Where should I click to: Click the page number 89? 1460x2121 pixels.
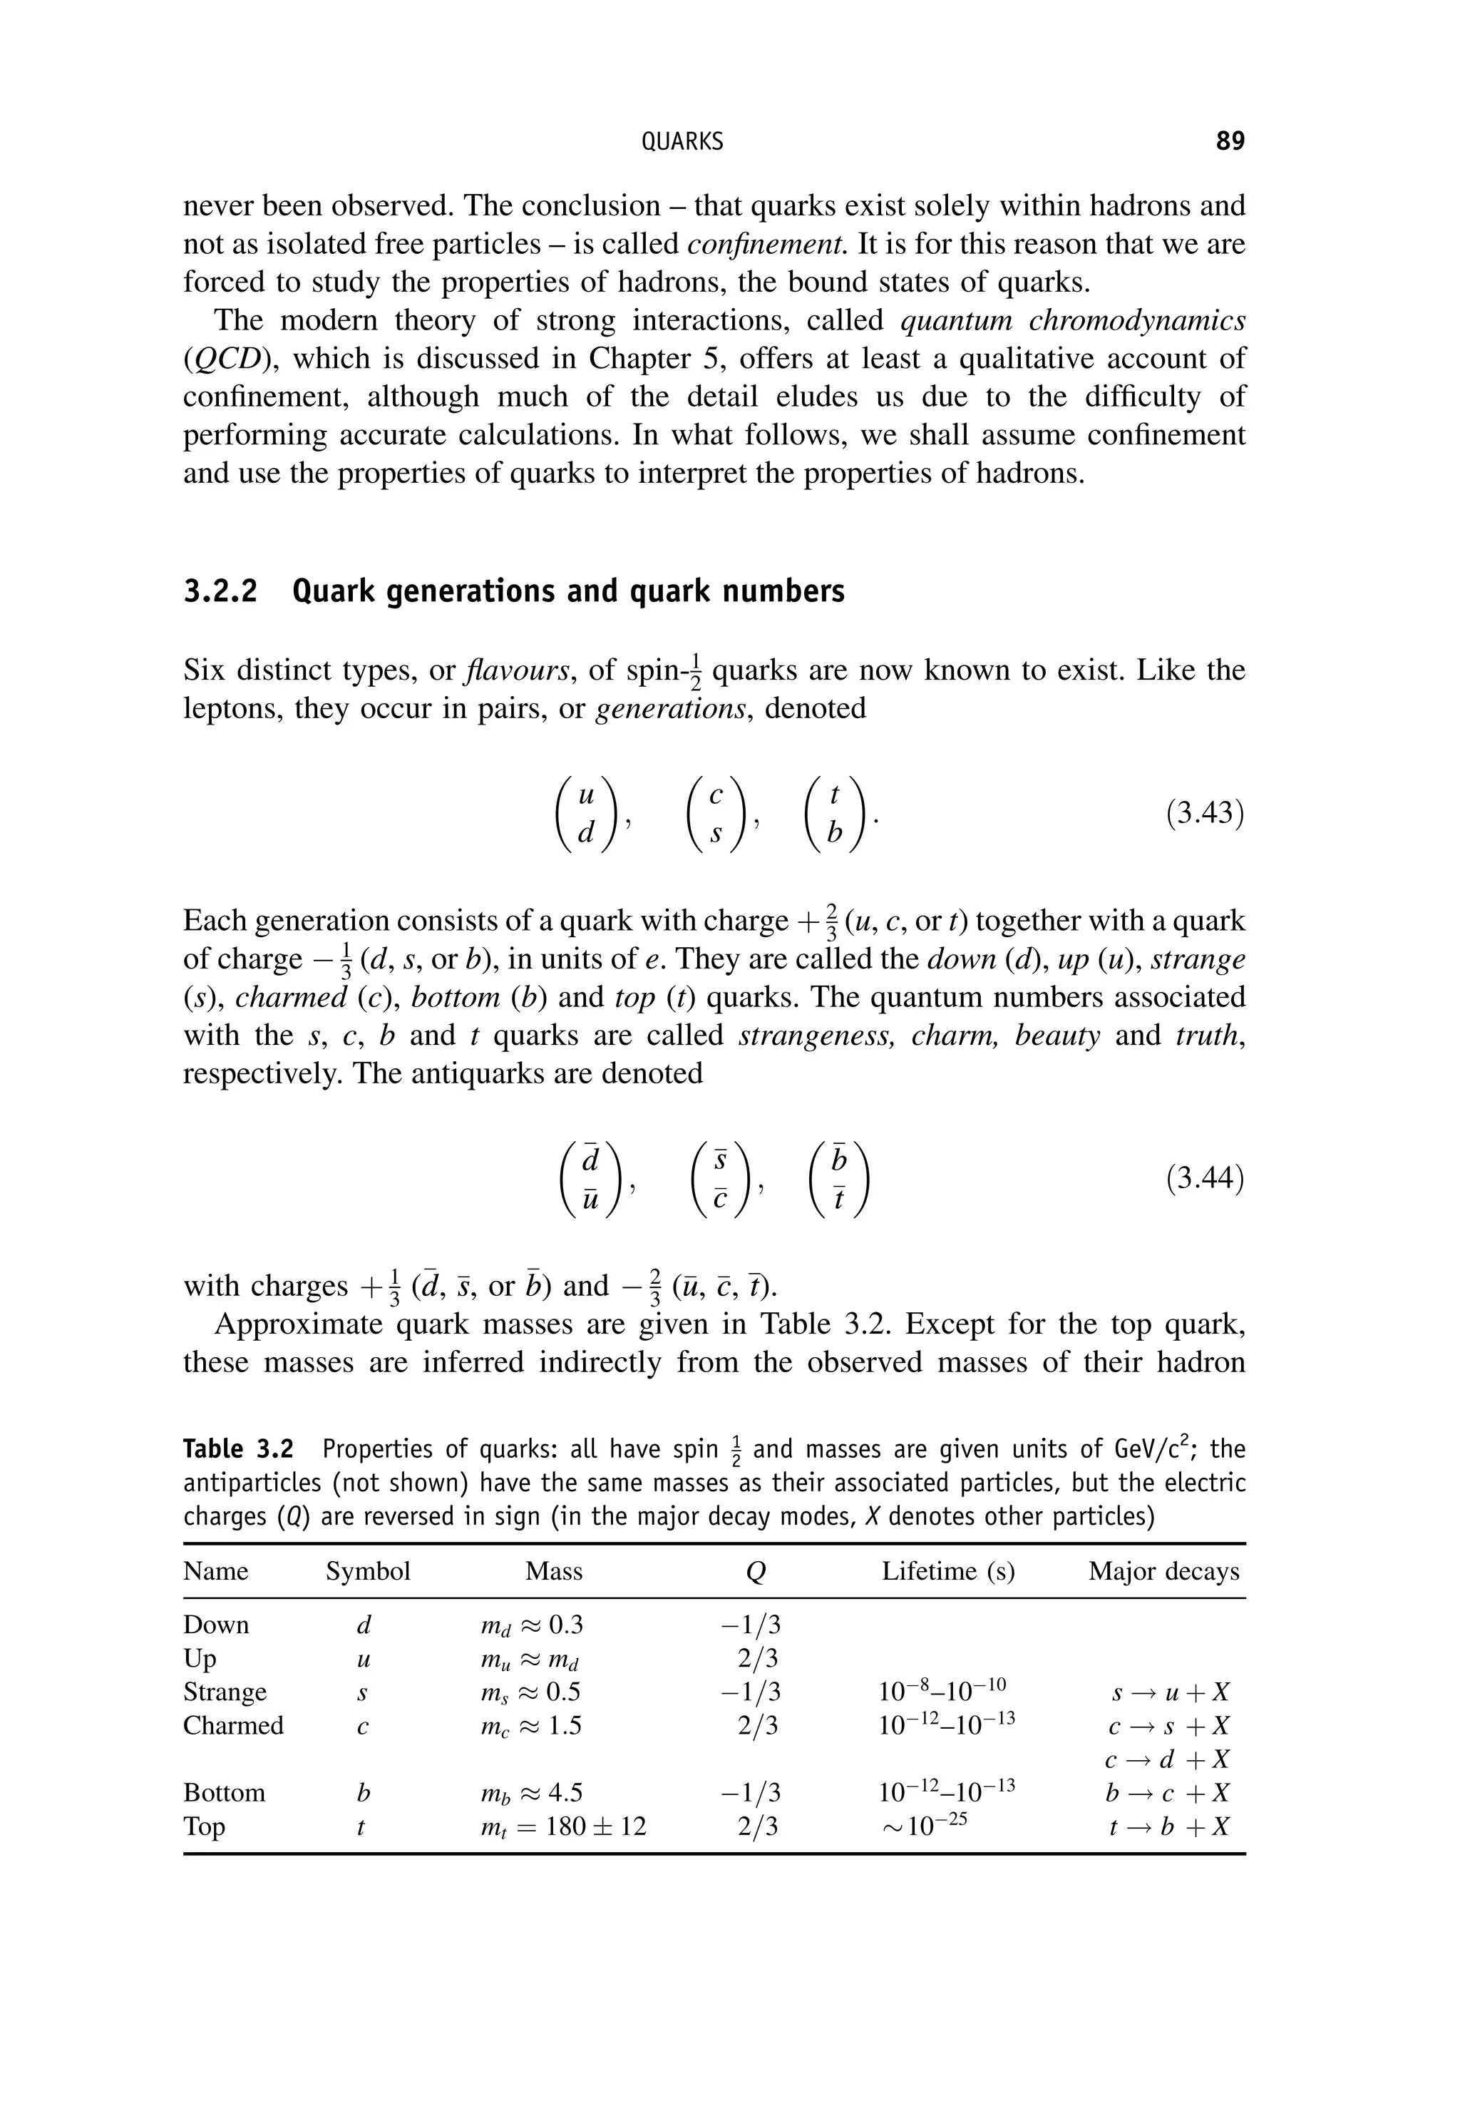coord(1230,141)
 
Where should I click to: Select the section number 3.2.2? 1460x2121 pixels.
coord(220,592)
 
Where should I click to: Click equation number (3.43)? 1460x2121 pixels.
coord(1205,814)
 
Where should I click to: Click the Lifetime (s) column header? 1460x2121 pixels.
coord(947,1571)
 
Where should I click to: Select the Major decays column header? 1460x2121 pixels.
coord(1163,1571)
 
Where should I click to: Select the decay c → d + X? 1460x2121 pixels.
coord(1167,1759)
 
